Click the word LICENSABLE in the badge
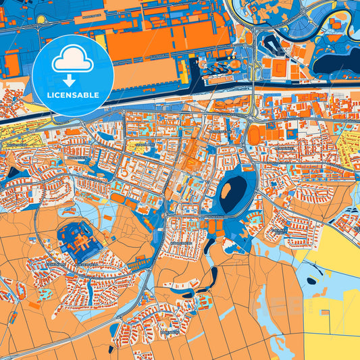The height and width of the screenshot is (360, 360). pyautogui.click(x=72, y=95)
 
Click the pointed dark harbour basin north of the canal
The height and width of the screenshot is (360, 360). pyautogui.click(x=272, y=47)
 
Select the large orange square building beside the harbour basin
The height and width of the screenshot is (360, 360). pyautogui.click(x=293, y=70)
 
